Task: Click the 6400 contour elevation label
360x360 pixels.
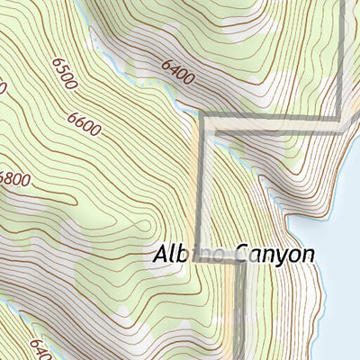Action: coord(178,71)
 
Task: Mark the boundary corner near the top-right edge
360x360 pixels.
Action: coord(339,118)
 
